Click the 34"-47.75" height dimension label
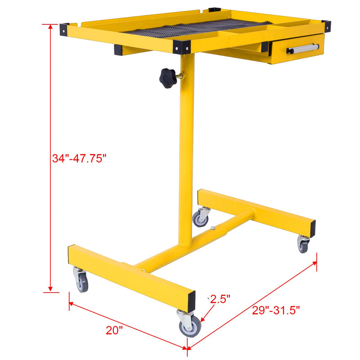78,158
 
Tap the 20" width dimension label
114,330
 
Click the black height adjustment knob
168,78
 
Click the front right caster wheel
190,325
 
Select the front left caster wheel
81,282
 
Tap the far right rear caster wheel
303,244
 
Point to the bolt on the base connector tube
212,228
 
